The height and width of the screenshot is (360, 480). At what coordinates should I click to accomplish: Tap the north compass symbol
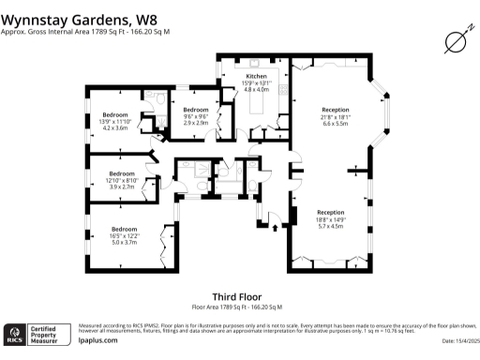pyautogui.click(x=457, y=40)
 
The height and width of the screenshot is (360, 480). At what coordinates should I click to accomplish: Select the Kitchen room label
pyautogui.click(x=257, y=75)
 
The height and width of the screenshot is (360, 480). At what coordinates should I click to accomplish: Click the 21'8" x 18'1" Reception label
pyautogui.click(x=335, y=115)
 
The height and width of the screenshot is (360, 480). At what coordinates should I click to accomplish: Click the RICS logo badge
pyautogui.click(x=16, y=335)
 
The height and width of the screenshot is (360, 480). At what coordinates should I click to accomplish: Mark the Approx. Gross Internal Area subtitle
pyautogui.click(x=85, y=32)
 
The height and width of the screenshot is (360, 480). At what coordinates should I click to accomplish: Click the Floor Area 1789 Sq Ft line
pyautogui.click(x=237, y=307)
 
